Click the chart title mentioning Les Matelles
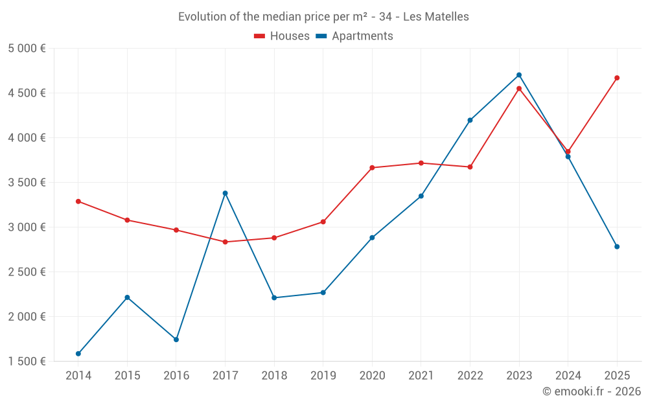coord(323,17)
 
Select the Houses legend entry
coord(282,36)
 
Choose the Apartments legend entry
coord(354,36)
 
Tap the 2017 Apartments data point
coord(226,193)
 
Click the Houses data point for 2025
coord(617,78)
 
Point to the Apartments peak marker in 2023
coord(519,75)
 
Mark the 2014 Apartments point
coord(78,354)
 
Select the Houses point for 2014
coord(78,202)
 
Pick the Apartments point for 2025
coord(617,247)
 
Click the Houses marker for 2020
coord(372,168)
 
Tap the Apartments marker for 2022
coord(470,120)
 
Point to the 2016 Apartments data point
coord(176,340)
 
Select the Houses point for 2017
coord(226,242)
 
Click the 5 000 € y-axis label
coord(27,49)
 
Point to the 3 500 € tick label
coord(27,183)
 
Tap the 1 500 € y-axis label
coord(27,362)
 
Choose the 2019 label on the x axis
coord(323,376)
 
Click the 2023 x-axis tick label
coord(519,376)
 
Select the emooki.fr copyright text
coord(591,391)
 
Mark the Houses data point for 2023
coord(519,89)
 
